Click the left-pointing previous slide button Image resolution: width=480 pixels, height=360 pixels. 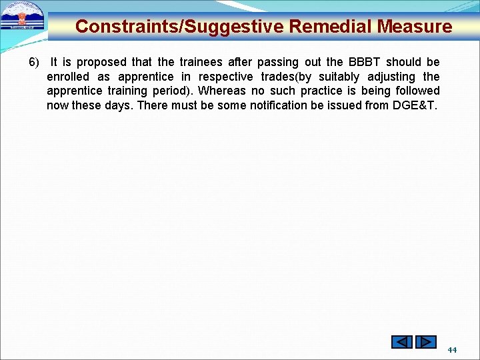[x=402, y=342]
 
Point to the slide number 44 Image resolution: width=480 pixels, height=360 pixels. [x=452, y=349]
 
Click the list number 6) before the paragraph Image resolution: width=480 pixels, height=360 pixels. [x=34, y=62]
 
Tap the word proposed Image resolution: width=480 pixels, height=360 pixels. [x=101, y=62]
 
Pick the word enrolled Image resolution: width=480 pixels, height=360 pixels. [x=68, y=77]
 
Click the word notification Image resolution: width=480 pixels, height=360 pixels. [x=285, y=105]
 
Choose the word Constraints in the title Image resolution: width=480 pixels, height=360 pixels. [x=126, y=27]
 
